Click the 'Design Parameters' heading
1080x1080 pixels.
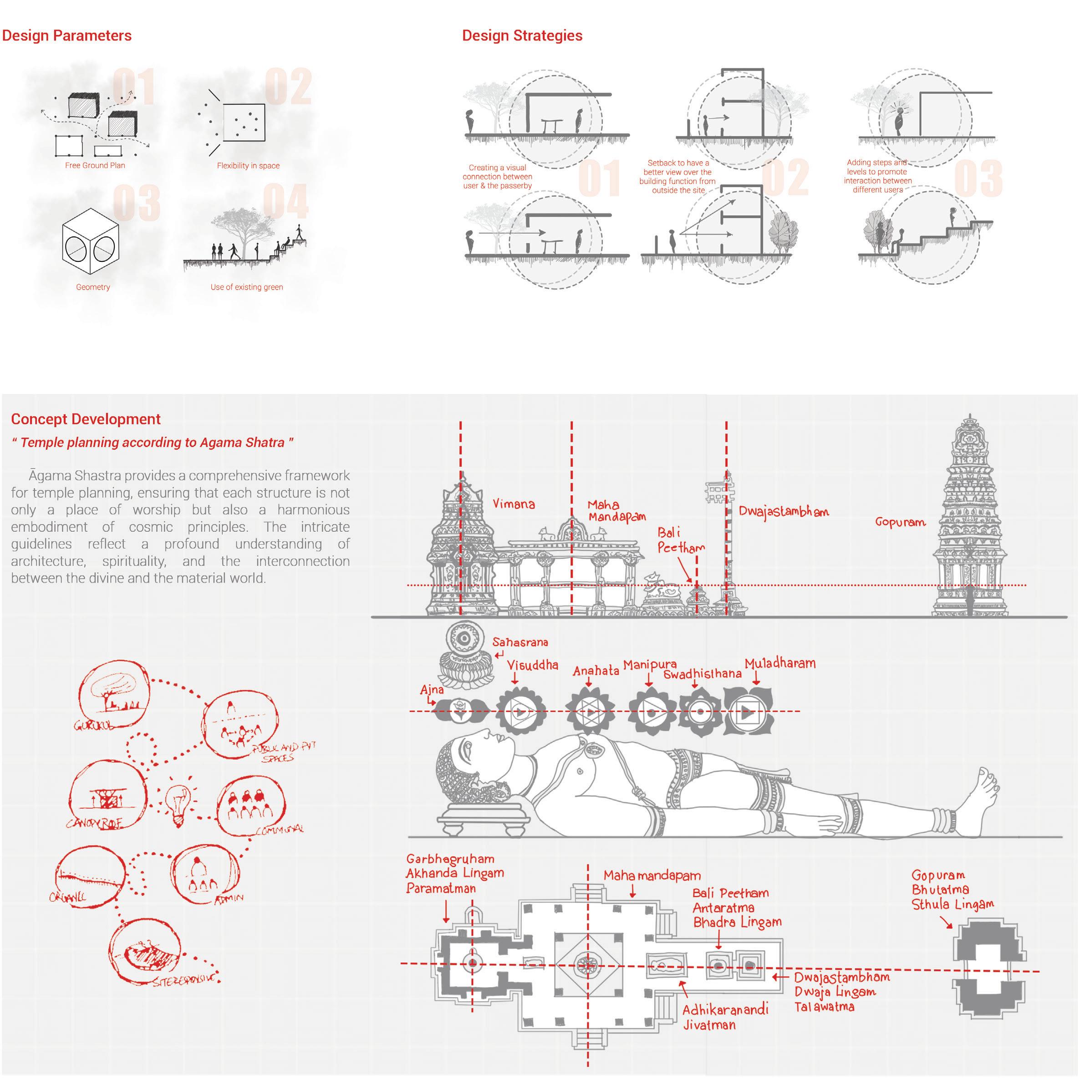click(66, 36)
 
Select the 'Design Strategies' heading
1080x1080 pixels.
click(522, 36)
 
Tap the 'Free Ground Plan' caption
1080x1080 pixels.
click(95, 165)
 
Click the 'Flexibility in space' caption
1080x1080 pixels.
click(248, 166)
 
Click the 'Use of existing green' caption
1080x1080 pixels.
click(246, 287)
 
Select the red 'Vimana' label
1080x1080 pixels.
click(513, 504)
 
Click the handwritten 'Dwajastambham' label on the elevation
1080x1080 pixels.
click(783, 511)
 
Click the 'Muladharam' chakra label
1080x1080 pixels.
click(780, 663)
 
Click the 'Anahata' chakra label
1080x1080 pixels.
click(596, 670)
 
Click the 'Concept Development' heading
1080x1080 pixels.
click(86, 419)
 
